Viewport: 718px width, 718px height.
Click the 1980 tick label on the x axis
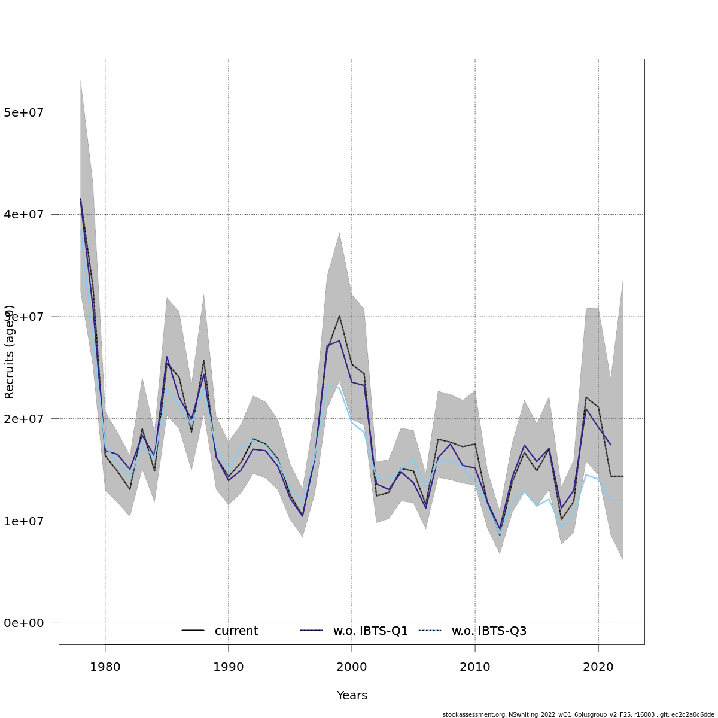[x=105, y=667]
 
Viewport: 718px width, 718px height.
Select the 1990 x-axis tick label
[x=228, y=667]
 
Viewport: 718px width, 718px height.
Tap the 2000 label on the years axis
[x=351, y=667]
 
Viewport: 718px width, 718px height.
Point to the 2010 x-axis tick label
[x=474, y=667]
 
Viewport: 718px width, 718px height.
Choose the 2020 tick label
[x=598, y=667]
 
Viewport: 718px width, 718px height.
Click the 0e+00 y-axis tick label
[x=23, y=623]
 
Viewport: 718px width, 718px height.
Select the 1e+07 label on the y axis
[x=23, y=521]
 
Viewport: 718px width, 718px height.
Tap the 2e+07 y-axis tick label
[x=23, y=419]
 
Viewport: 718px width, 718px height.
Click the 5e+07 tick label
[x=23, y=112]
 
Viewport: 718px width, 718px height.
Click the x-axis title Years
[x=352, y=696]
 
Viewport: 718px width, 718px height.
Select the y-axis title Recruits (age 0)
[x=10, y=352]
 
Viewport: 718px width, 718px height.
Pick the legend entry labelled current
[x=236, y=631]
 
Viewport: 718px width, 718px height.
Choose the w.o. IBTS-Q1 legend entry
[x=370, y=631]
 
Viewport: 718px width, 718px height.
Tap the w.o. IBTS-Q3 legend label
[x=489, y=631]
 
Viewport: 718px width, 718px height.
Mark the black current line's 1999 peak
[x=339, y=316]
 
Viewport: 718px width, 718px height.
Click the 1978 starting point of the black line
[x=80, y=199]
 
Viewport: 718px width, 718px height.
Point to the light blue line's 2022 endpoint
[x=623, y=499]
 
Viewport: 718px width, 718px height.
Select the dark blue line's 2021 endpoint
[x=610, y=445]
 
